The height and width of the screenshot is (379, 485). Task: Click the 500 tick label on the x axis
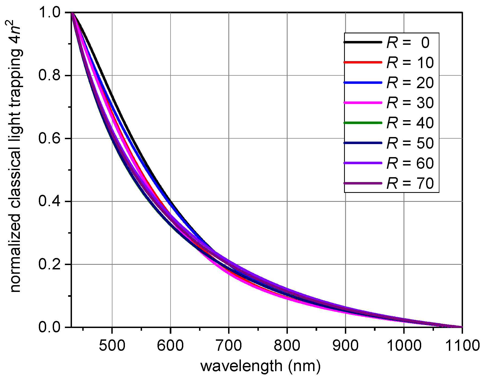(112, 345)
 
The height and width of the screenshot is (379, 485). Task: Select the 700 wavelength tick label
(229, 345)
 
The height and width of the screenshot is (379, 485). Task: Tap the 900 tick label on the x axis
(345, 345)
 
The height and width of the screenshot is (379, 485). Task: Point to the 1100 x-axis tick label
(462, 345)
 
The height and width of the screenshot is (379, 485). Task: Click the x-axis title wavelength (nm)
(260, 366)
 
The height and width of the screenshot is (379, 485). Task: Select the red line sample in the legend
(363, 62)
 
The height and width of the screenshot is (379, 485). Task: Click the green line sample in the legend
(363, 123)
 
